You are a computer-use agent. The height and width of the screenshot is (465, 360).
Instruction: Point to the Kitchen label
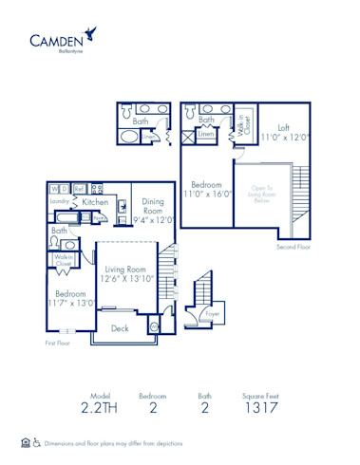point(94,202)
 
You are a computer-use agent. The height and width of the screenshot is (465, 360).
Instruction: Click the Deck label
point(120,328)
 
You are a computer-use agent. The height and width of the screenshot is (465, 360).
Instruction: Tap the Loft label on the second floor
point(283,127)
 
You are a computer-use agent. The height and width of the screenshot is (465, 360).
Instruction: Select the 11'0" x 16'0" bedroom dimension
point(206,194)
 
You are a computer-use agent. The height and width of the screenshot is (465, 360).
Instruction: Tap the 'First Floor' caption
point(59,343)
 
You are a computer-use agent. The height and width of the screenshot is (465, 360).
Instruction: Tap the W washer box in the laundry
point(54,189)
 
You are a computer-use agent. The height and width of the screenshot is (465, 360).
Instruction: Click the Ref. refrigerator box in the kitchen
point(80,189)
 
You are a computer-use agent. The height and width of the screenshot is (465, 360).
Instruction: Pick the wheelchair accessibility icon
point(37,443)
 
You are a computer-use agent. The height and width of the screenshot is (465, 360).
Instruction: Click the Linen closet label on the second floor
point(205,135)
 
